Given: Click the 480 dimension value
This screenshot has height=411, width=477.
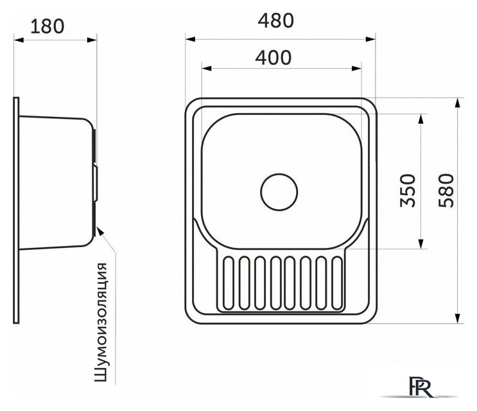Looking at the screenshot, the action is [275, 21].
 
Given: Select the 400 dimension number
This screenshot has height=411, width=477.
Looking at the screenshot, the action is [273, 58].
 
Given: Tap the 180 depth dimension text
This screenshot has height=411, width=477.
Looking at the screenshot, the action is [47, 26].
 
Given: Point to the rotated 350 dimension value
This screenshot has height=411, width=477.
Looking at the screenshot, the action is [407, 191].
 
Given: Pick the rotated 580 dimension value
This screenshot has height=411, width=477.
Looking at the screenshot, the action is [446, 191].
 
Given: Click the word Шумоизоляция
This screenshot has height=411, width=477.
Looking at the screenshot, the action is [101, 322].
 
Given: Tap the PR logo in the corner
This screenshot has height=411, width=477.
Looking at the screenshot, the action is [421, 387].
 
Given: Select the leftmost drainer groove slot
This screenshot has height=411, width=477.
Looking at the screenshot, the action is [229, 283].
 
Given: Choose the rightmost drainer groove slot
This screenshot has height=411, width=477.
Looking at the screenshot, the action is [337, 283].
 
